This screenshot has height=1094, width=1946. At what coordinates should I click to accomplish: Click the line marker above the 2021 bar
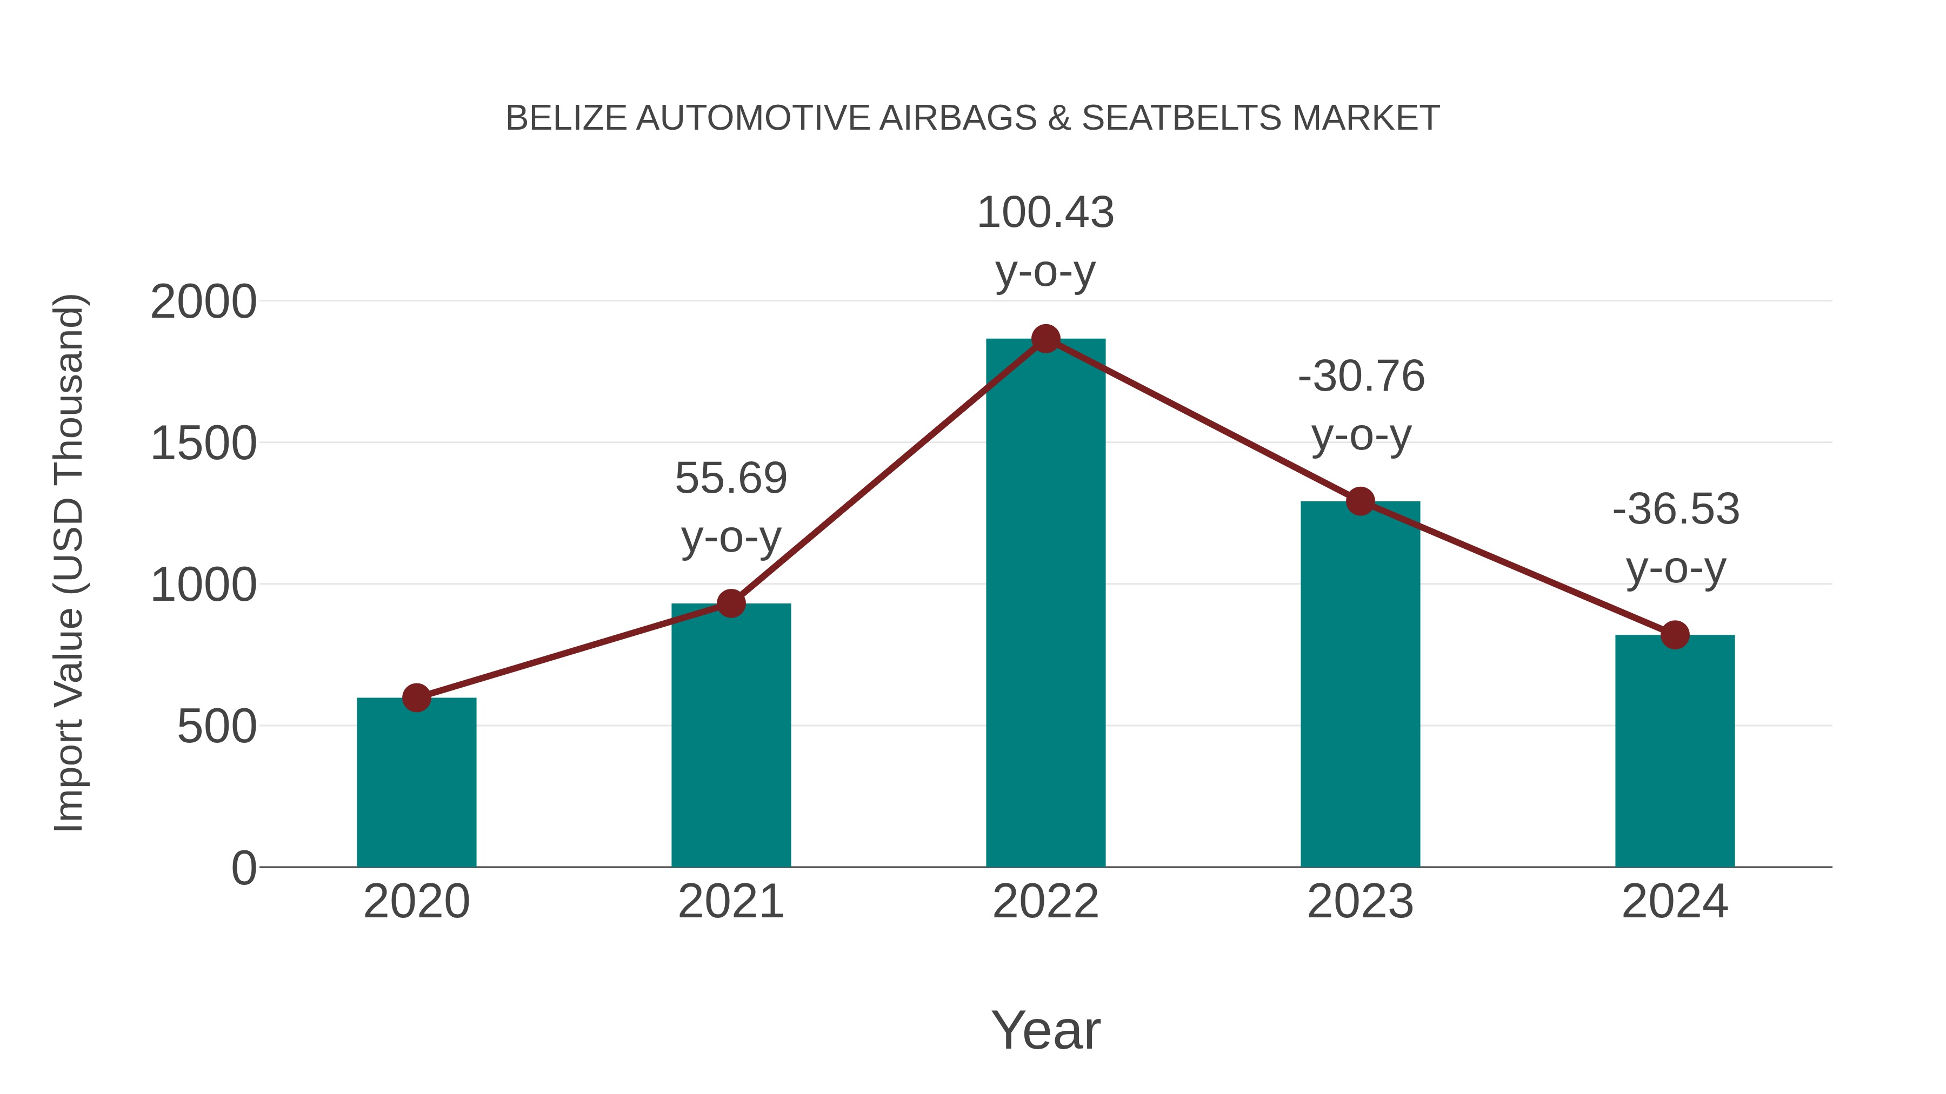[730, 603]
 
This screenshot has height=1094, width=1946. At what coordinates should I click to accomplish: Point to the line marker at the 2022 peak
[1045, 339]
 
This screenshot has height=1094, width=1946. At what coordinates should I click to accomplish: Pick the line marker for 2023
[1360, 501]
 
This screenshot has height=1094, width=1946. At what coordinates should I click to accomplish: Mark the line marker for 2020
[416, 697]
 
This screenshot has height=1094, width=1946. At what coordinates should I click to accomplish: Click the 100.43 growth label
[1045, 212]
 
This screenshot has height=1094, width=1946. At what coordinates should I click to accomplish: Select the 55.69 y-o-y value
[730, 478]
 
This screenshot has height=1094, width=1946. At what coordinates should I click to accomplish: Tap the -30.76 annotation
[1361, 376]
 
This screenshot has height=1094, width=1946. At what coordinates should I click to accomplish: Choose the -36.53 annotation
[1676, 509]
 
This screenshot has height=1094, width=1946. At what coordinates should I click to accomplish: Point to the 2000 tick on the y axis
[203, 302]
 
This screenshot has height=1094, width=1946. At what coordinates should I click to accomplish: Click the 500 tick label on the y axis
[217, 727]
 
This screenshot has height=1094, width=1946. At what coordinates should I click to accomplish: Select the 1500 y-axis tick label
[203, 444]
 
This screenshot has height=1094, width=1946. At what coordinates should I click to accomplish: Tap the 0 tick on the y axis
[244, 868]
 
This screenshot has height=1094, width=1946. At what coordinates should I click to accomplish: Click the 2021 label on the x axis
[730, 902]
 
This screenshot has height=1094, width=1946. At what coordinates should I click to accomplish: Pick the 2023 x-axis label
[1360, 902]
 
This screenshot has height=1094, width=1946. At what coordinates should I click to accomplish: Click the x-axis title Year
[1045, 1030]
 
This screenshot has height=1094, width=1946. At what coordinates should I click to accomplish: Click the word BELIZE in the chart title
[566, 118]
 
